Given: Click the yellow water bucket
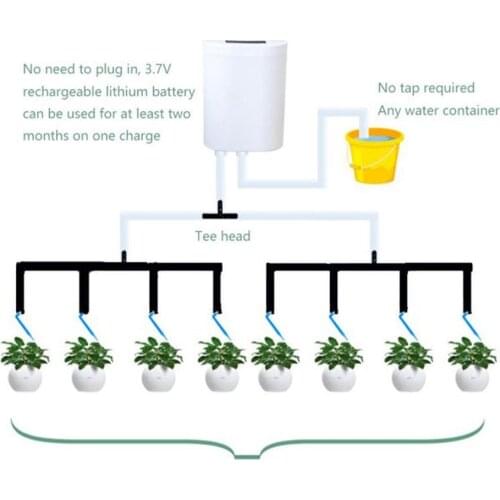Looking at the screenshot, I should point(374,156).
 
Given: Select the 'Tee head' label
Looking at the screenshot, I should point(222,238).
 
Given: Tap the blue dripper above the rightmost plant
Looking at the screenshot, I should point(471,325).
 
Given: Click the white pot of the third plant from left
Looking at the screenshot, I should point(157,378).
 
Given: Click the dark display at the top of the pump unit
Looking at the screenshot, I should point(245,45).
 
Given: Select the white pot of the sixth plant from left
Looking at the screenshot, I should point(339,378).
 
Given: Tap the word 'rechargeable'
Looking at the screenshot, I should point(59,92).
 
